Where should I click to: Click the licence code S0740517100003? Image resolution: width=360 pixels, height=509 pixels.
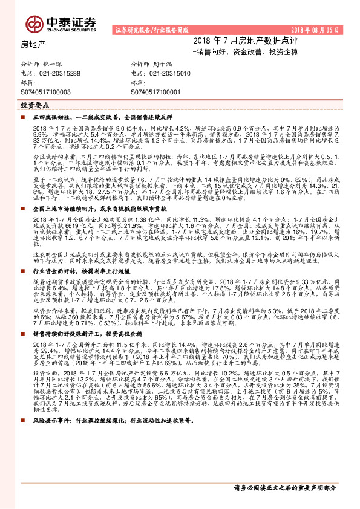46,91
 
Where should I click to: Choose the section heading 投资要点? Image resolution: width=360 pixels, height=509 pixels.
35,105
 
